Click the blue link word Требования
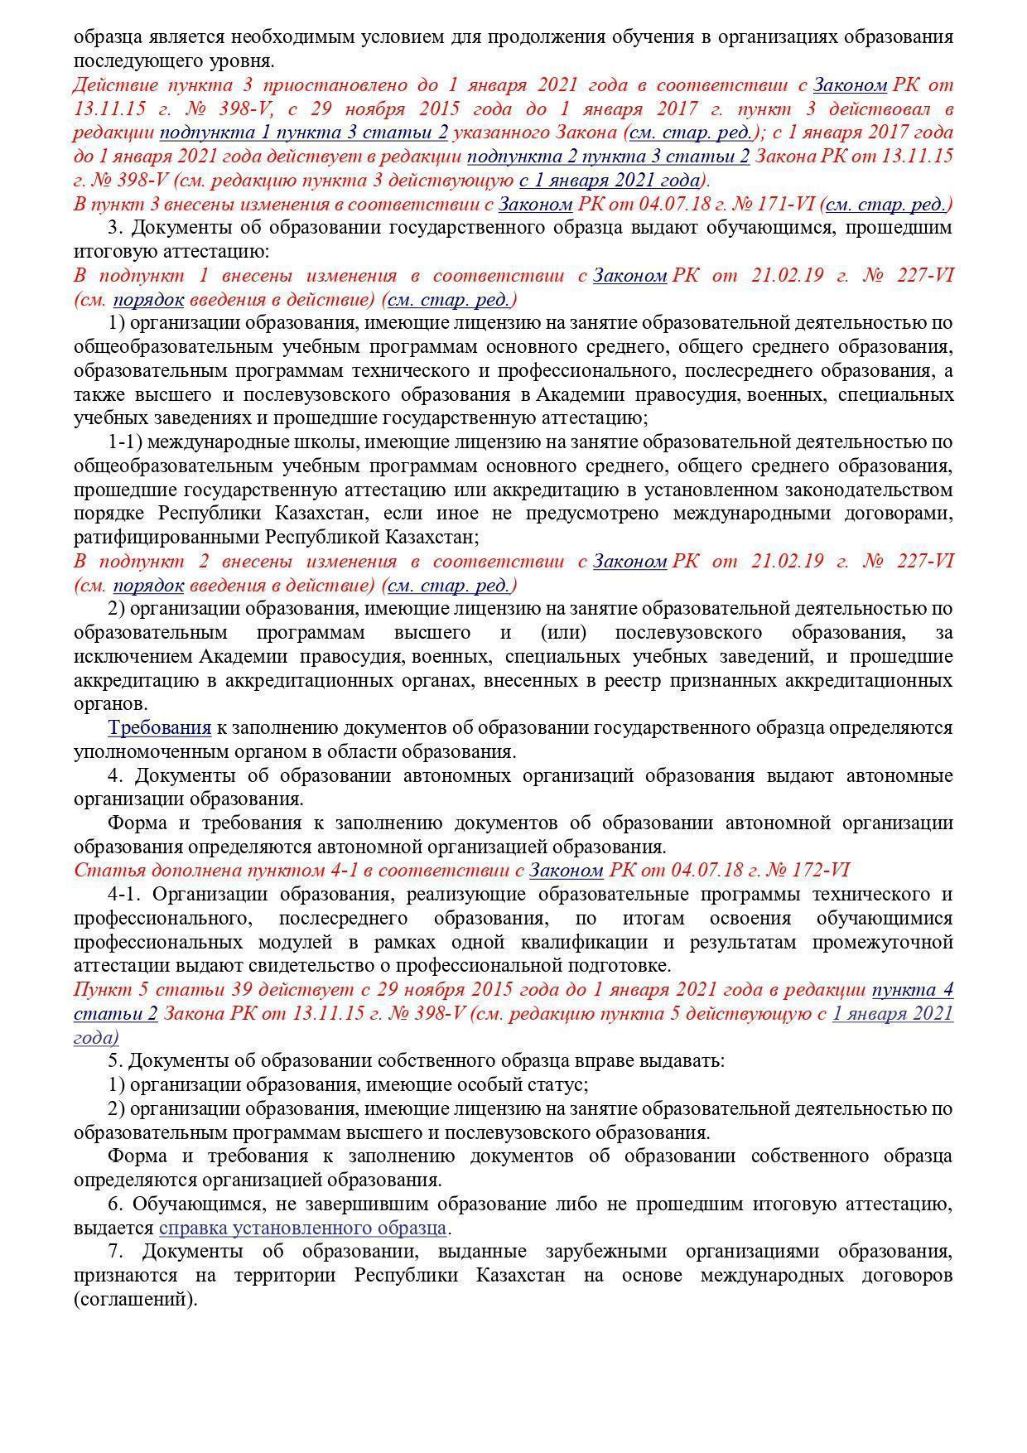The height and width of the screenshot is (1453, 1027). [159, 728]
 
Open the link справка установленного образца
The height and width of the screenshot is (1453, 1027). [302, 1228]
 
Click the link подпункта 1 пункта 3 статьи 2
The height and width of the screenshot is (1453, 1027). [304, 133]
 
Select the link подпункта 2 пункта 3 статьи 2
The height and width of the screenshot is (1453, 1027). [609, 157]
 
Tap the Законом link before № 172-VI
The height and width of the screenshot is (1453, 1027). [566, 871]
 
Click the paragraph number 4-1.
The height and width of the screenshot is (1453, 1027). [125, 895]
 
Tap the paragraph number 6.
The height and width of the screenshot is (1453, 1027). [114, 1204]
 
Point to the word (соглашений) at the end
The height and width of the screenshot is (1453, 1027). [135, 1299]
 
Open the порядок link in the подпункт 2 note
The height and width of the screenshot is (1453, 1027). [148, 586]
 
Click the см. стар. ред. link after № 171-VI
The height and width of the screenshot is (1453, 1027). [888, 205]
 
